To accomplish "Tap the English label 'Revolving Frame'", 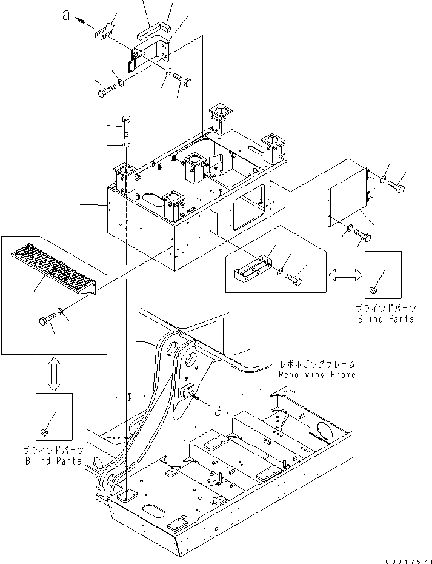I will click(317, 375).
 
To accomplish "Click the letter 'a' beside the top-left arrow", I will click(67, 16).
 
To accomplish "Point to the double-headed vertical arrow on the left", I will click(53, 373).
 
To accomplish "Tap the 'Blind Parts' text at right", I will click(385, 318).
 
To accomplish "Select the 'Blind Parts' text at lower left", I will click(53, 461).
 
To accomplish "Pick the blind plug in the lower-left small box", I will click(44, 432).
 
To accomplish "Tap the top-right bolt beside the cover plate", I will click(397, 184).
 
